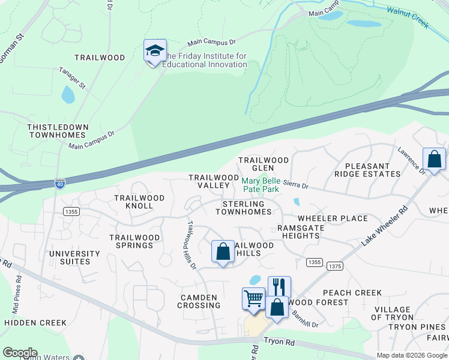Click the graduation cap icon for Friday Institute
[154, 51]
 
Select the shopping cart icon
[253, 298]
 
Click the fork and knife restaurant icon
[279, 286]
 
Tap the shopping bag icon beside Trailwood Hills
[223, 252]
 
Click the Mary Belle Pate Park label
[261, 184]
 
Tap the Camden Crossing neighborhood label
[198, 301]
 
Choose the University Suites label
[70, 257]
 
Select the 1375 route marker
[335, 266]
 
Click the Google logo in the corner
[19, 353]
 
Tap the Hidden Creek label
[35, 322]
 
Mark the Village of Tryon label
[393, 313]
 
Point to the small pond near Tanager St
[68, 94]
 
